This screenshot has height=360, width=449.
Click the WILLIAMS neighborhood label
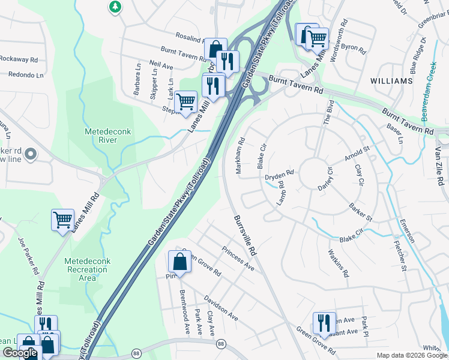391,80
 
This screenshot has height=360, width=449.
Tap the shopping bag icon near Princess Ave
179,261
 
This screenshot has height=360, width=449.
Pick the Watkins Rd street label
338,263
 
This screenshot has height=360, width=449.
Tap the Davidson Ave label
220,307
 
